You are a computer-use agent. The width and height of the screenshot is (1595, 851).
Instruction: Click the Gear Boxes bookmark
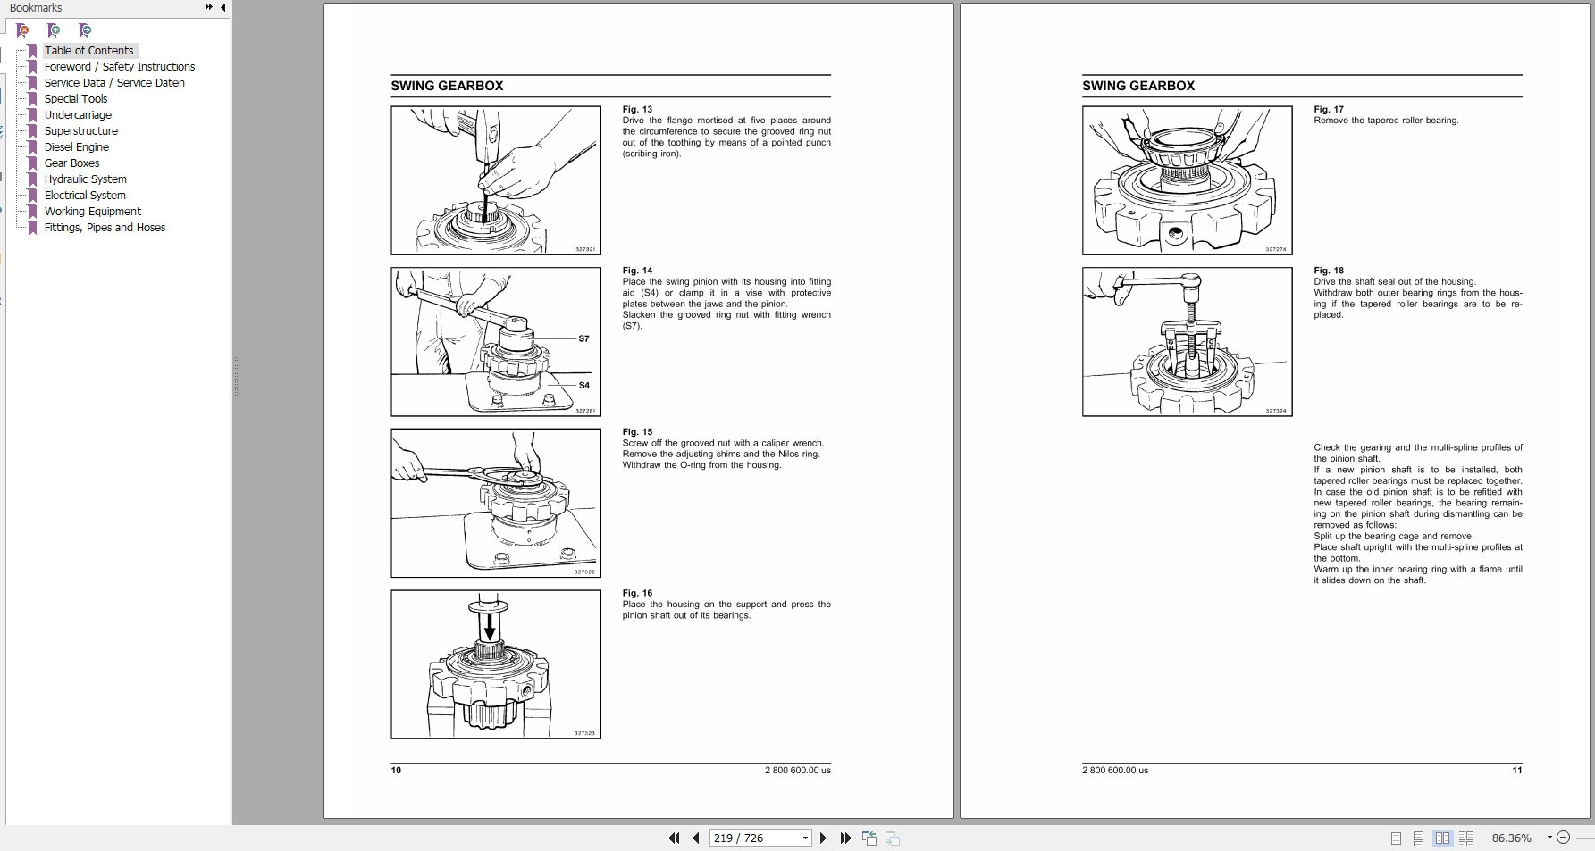tap(71, 163)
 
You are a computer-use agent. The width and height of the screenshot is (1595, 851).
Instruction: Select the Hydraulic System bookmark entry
tap(85, 179)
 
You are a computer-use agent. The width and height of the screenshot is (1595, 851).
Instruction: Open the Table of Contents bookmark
tap(88, 51)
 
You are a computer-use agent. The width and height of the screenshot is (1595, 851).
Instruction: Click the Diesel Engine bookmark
tap(76, 147)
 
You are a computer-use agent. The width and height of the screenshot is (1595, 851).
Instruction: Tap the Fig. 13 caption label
tap(637, 110)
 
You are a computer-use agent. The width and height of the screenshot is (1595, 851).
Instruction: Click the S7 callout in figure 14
tap(583, 338)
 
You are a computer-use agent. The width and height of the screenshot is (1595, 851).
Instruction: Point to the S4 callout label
tap(583, 386)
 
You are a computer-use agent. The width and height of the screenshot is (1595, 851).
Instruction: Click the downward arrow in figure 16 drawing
tap(488, 629)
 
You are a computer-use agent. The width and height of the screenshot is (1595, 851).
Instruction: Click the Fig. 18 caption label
tap(1329, 271)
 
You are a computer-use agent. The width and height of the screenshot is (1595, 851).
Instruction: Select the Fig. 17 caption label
tap(1329, 110)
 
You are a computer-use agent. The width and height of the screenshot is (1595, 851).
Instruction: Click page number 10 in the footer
tap(396, 770)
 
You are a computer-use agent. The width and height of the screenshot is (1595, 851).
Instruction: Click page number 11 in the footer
tap(1516, 770)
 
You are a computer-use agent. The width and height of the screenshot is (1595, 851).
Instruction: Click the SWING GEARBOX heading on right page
tap(1137, 86)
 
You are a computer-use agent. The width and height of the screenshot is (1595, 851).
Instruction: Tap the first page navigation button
tap(674, 838)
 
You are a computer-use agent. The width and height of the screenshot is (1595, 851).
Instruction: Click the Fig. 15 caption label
tap(637, 432)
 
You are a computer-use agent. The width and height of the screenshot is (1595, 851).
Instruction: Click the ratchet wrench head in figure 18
tap(1189, 287)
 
